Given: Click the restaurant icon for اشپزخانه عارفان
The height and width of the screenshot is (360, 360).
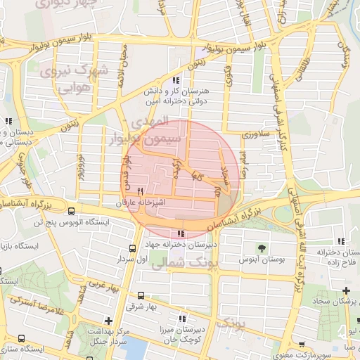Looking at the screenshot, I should click(141, 191).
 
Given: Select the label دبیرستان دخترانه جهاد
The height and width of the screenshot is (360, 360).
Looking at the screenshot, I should click(180, 245).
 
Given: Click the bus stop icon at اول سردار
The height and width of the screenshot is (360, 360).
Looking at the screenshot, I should click(133, 248).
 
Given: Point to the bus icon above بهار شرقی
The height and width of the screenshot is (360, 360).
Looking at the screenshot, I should click(141, 295).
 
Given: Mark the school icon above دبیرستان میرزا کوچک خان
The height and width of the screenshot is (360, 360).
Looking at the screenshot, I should click(181, 319).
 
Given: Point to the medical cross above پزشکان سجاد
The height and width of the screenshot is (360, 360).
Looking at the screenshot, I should click(346, 290).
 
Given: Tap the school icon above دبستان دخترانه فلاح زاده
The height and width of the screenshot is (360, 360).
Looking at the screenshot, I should click(341, 241).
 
